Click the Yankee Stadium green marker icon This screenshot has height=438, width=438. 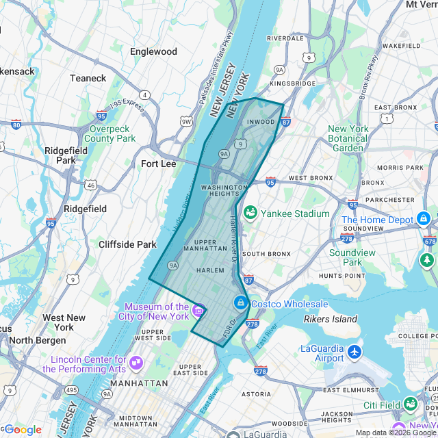pyautogui.click(x=250, y=214)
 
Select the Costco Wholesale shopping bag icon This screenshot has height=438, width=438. pyautogui.click(x=240, y=302)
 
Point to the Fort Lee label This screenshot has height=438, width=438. pyautogui.click(x=158, y=164)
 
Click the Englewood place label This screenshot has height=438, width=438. pyautogui.click(x=153, y=51)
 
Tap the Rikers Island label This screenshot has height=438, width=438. pyautogui.click(x=331, y=319)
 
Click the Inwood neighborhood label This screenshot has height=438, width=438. pyautogui.click(x=260, y=123)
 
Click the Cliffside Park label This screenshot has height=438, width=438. pyautogui.click(x=127, y=244)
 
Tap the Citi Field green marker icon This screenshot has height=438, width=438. pyautogui.click(x=411, y=404)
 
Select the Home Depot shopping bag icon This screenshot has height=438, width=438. pyautogui.click(x=424, y=219)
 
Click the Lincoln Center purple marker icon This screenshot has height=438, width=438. pyautogui.click(x=136, y=361)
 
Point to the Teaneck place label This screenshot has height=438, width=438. pyautogui.click(x=88, y=78)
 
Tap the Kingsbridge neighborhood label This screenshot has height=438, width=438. pyautogui.click(x=293, y=83)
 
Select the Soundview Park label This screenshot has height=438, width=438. pyautogui.click(x=352, y=257)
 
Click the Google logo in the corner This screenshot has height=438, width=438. pyautogui.click(x=23, y=429)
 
